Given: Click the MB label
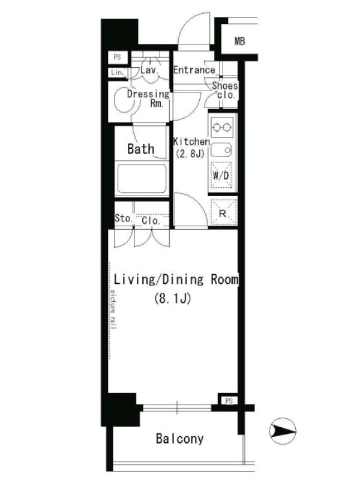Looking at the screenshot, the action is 239,41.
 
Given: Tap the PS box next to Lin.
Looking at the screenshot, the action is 117,57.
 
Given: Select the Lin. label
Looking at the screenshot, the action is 118,73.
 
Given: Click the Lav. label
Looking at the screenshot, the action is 149,70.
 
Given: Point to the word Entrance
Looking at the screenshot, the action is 194,70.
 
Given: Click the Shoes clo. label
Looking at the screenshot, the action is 225,91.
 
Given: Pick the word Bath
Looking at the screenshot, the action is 140,149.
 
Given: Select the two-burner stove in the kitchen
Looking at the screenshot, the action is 222,127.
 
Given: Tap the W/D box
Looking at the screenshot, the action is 221,175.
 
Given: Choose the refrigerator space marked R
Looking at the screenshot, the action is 223,213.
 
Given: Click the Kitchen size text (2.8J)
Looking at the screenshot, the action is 190,154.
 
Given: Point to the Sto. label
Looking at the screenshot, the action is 124,218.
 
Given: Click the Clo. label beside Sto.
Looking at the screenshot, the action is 151,220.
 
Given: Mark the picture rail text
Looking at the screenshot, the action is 113,308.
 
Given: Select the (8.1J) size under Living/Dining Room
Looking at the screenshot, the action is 173,298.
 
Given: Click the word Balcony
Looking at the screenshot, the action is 179,439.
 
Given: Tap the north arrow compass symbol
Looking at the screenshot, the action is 283,431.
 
